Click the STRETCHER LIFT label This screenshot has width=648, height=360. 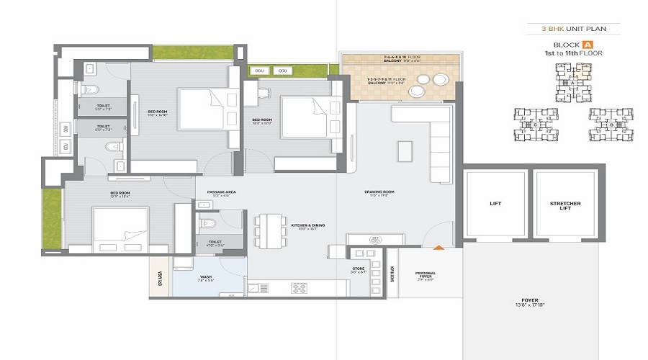click(x=564, y=205)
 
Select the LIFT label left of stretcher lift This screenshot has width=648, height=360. click(x=496, y=204)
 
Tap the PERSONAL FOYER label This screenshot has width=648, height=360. click(x=425, y=275)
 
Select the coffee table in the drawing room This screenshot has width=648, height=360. click(x=405, y=151)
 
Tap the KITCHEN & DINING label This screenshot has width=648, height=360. click(x=308, y=226)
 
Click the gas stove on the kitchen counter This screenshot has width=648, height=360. click(x=298, y=288)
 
